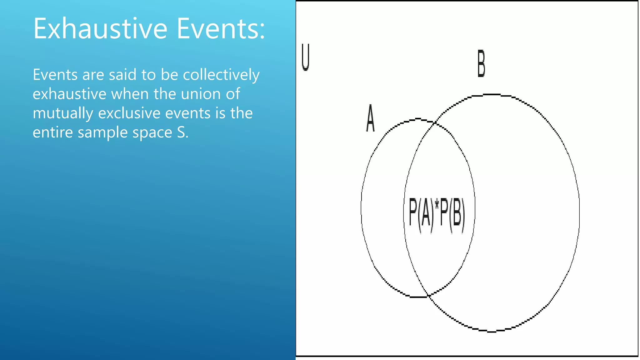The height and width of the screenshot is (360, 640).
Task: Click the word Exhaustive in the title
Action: coord(100,28)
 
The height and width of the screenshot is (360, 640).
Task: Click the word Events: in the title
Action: coord(221,28)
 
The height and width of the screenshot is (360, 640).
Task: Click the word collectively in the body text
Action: coord(221,75)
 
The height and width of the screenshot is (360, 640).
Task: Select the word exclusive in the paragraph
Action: coord(129,113)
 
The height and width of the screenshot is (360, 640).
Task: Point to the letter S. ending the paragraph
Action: coord(182,132)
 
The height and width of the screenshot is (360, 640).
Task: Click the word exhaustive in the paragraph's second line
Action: coord(69,94)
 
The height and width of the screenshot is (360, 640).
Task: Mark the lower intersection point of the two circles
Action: coord(429,295)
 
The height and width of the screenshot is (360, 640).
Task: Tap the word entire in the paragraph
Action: coord(53,132)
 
